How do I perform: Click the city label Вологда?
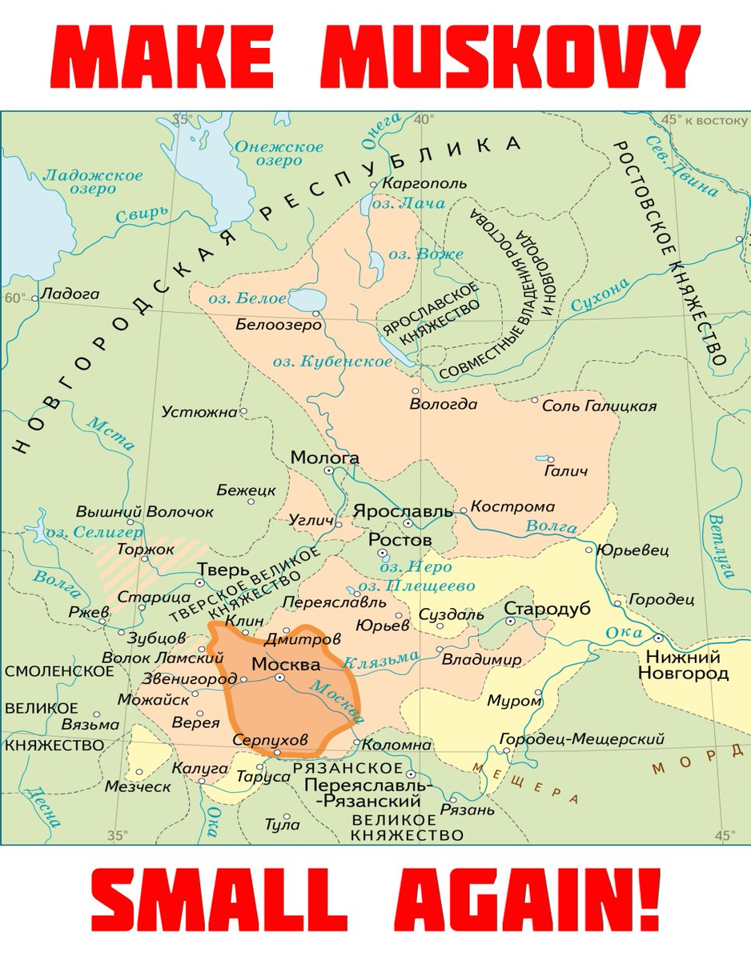click(x=443, y=404)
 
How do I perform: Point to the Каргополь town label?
click(x=424, y=183)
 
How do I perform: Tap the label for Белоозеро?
click(x=278, y=325)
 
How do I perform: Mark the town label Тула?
click(x=282, y=824)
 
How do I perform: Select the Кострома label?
click(x=512, y=506)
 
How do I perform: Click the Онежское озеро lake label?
click(x=278, y=154)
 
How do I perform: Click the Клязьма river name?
click(x=380, y=660)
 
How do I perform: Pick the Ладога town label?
click(x=70, y=294)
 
